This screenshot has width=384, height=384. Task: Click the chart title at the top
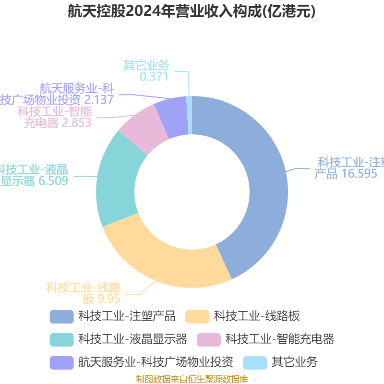pyautogui.click(x=192, y=12)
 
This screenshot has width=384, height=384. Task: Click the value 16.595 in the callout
pyautogui.click(x=359, y=174)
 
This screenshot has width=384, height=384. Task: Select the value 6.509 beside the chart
pyautogui.click(x=53, y=181)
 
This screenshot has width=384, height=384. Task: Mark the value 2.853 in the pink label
pyautogui.click(x=76, y=122)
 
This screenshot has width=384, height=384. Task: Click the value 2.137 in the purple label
pyautogui.click(x=99, y=100)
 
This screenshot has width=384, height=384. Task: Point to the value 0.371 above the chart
pyautogui.click(x=154, y=77)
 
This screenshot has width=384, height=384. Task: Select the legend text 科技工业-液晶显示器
pyautogui.click(x=132, y=339)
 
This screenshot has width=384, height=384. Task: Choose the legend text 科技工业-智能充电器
pyautogui.click(x=280, y=339)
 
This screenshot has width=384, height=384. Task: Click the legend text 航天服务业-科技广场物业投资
pyautogui.click(x=156, y=362)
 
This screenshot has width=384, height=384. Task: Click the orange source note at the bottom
pyautogui.click(x=192, y=379)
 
